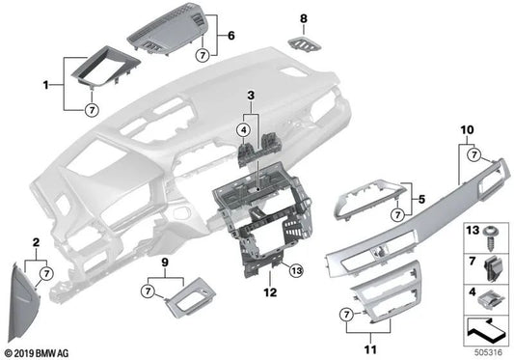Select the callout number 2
(36, 241)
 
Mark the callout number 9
(164, 261)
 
